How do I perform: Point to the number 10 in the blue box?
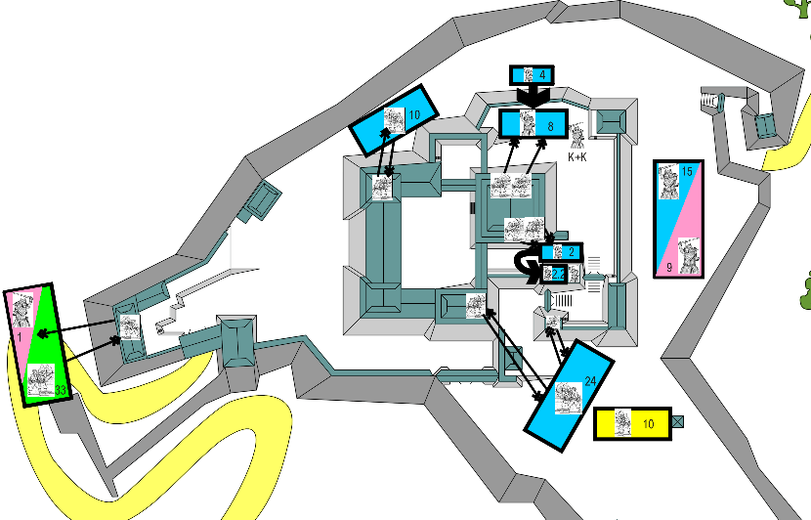[413, 114]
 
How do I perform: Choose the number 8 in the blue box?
[551, 126]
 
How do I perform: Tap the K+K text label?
[577, 155]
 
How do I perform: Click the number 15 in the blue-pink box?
[687, 173]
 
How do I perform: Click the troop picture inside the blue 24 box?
[568, 396]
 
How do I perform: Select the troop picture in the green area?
[41, 374]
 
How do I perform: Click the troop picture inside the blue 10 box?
[394, 120]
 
